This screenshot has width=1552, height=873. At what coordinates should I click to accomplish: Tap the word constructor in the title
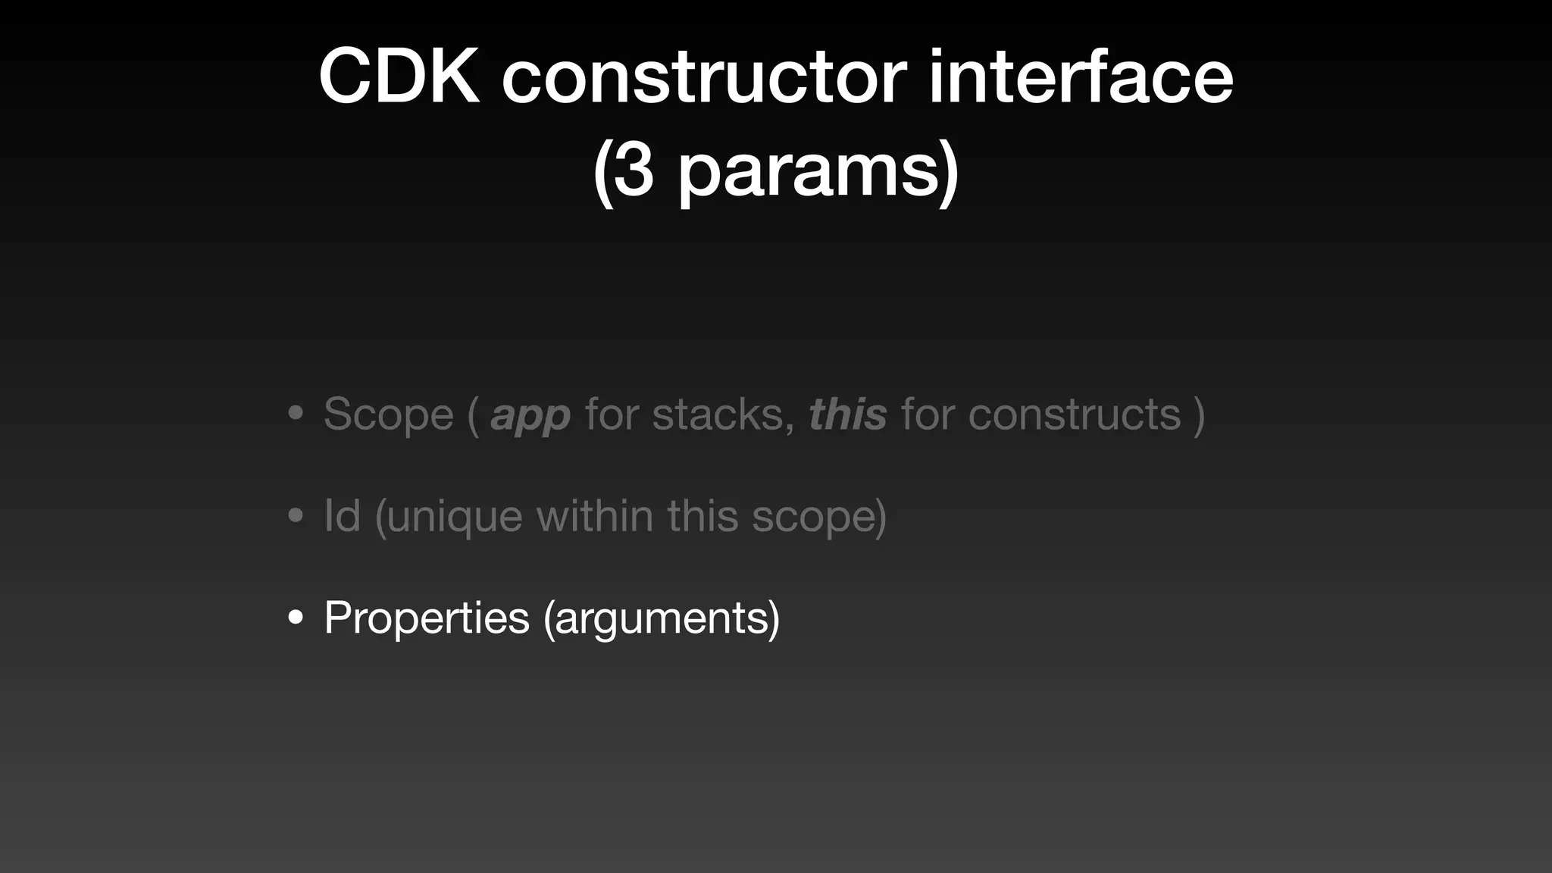704,77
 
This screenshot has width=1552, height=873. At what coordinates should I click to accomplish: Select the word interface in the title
1081,77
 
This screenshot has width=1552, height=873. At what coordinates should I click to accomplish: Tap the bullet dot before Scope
296,415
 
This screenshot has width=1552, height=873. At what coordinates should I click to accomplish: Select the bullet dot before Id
296,516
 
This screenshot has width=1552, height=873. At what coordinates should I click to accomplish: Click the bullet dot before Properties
296,618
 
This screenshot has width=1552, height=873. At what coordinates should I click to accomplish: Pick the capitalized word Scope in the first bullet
389,415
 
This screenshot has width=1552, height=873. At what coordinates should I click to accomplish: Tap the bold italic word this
847,415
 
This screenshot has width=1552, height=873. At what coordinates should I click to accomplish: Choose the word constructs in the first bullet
1075,415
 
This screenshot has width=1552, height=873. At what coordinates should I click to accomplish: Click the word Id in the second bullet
342,516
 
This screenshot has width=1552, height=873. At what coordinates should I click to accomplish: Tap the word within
595,516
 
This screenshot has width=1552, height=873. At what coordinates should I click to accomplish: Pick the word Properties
427,618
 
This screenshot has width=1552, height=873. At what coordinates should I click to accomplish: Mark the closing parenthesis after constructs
1199,415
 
